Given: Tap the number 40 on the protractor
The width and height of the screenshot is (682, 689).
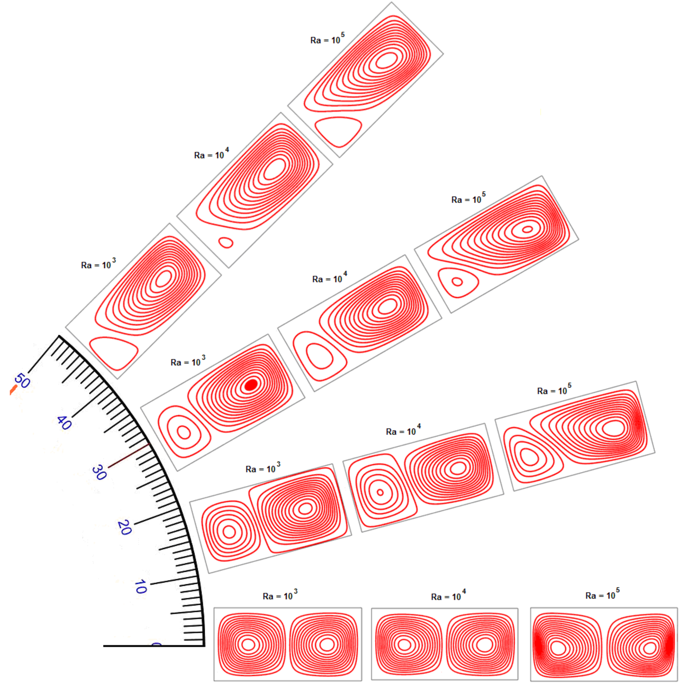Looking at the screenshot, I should point(64,423).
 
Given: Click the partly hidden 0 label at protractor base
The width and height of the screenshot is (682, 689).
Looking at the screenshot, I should point(156,644).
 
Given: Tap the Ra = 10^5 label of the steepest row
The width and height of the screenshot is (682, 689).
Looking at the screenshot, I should point(327,39).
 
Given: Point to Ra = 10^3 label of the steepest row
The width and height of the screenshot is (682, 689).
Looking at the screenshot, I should point(98,264).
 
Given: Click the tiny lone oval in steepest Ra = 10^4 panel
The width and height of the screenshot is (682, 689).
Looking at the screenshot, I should point(226,243).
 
